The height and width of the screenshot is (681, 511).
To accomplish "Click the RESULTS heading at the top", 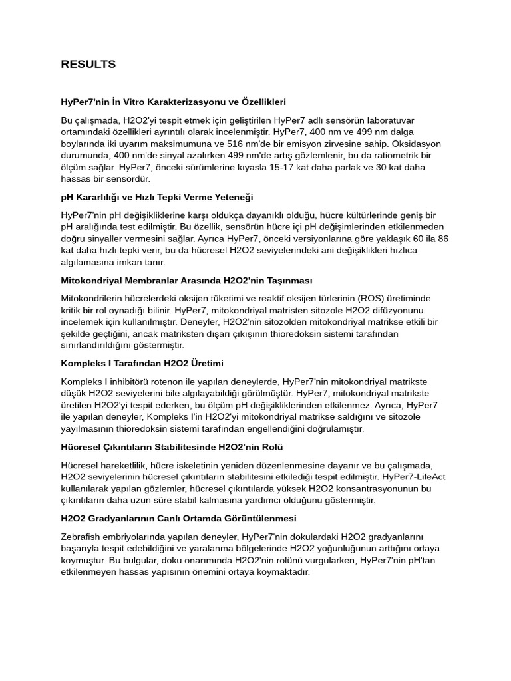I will [x=88, y=65].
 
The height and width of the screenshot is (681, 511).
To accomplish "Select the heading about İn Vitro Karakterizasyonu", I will [x=173, y=102].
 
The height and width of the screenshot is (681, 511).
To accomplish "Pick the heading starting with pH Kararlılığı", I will [x=156, y=198].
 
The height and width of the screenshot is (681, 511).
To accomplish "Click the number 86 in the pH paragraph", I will [x=442, y=239].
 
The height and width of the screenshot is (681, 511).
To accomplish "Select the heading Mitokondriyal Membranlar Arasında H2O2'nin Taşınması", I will [x=186, y=281].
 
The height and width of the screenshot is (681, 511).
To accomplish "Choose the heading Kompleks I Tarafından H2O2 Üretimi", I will [x=142, y=364].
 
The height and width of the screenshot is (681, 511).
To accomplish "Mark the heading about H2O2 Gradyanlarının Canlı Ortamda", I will [x=178, y=518].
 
